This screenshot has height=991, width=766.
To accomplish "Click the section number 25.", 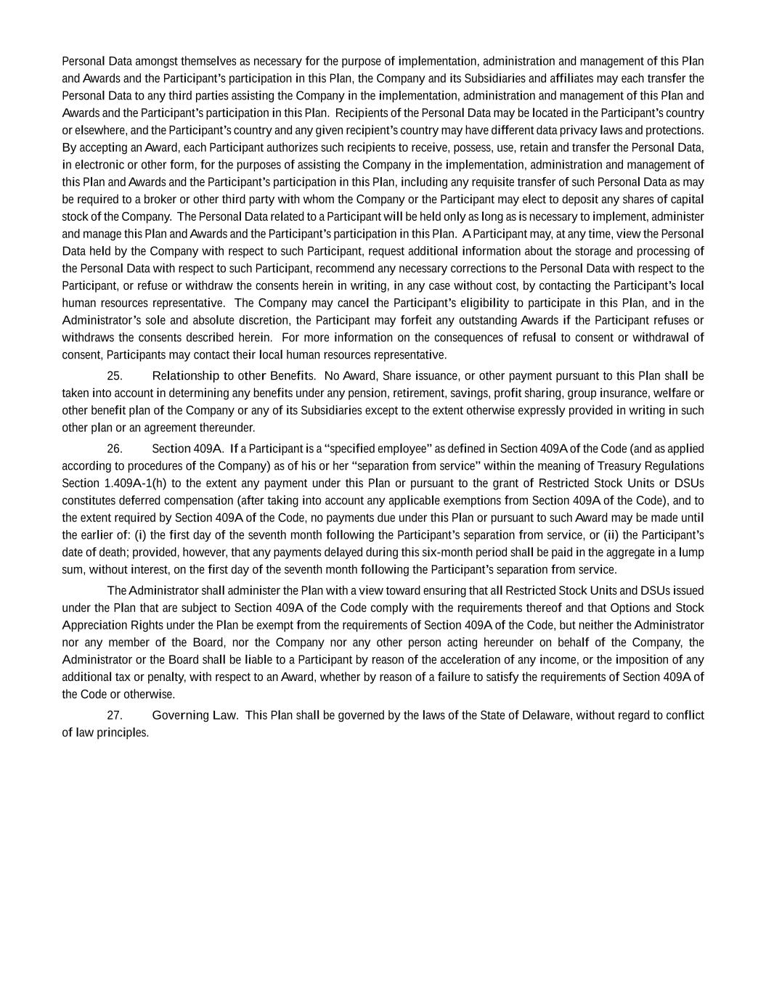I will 114,376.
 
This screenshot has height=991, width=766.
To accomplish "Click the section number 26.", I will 114,449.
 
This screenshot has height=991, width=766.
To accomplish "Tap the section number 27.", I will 114,715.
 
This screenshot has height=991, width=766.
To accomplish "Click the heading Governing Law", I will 195,715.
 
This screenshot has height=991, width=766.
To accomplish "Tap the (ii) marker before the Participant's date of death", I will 613,535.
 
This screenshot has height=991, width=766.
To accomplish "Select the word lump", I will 691,552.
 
